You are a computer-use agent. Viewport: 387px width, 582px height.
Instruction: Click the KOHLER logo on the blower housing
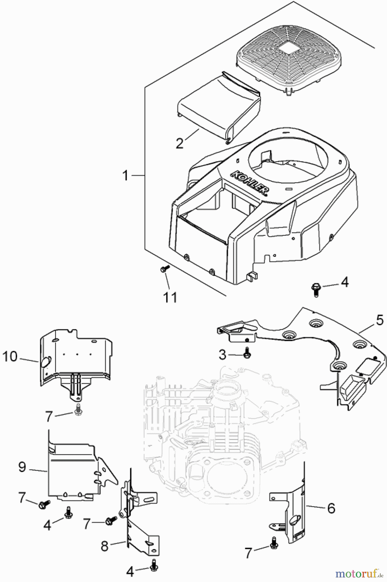pyautogui.click(x=250, y=183)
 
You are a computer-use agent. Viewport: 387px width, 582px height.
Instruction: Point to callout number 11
pyautogui.click(x=170, y=297)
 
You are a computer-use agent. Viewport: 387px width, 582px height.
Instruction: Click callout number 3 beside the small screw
pyautogui.click(x=223, y=354)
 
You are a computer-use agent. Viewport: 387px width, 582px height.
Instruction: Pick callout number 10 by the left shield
pyautogui.click(x=10, y=357)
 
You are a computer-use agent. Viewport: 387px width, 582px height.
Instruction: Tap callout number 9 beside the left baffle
pyautogui.click(x=22, y=467)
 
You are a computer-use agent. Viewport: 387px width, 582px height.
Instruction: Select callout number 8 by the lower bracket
pyautogui.click(x=104, y=546)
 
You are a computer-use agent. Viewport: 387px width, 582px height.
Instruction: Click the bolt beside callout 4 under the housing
pyautogui.click(x=315, y=289)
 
